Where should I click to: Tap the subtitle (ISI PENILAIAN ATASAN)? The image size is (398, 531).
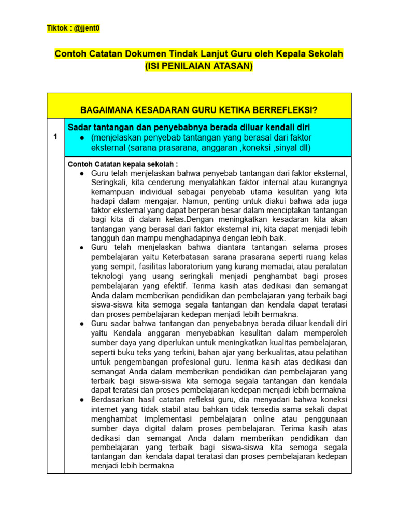point(199,66)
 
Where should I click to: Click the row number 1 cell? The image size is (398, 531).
point(55,137)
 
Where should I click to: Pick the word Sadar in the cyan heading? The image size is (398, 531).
point(79,127)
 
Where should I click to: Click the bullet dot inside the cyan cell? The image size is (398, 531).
point(82,138)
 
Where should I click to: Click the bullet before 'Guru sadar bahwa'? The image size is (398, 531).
point(82,323)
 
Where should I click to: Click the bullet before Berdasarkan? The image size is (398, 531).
point(82,400)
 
